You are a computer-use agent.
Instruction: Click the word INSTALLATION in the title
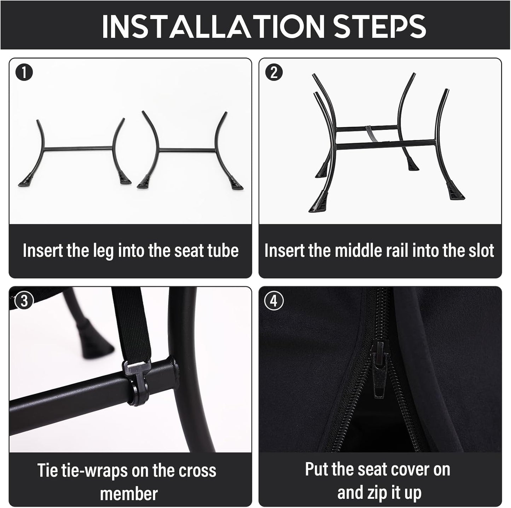(x=213, y=26)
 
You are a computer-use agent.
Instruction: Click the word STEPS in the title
(x=379, y=26)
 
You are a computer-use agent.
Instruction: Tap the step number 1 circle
(x=24, y=73)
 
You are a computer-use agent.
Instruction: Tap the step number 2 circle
(x=274, y=72)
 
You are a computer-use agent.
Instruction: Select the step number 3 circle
(x=24, y=301)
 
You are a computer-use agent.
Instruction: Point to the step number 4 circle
(x=274, y=301)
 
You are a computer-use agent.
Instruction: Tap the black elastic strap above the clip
(x=128, y=326)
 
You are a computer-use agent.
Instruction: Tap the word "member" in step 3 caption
(x=129, y=486)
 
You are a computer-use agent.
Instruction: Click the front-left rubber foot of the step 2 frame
(x=318, y=202)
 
